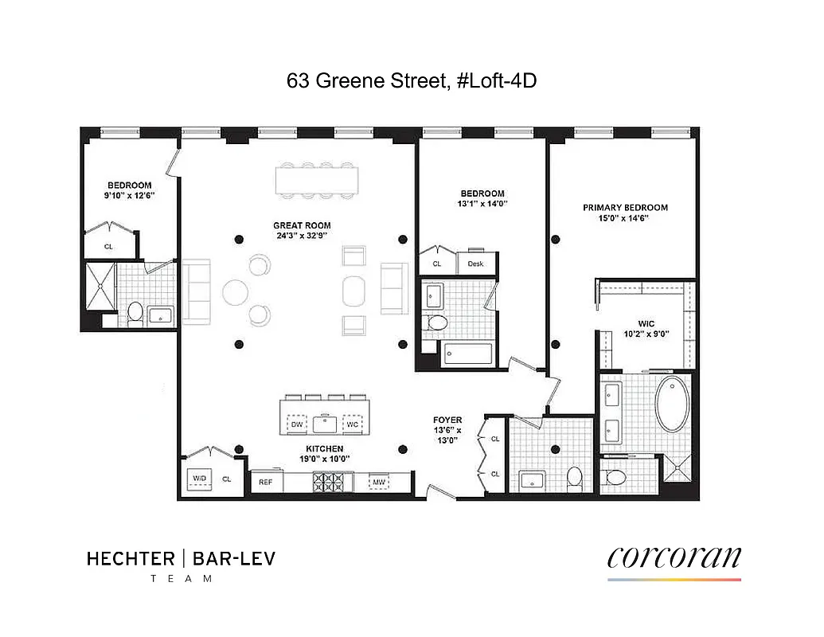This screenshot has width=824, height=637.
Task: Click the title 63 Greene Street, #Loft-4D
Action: click(x=406, y=80)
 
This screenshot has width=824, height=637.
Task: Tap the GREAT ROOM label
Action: click(x=302, y=225)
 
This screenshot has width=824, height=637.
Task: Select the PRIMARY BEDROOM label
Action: click(x=625, y=207)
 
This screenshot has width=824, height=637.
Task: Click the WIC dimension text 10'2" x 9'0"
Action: click(x=647, y=334)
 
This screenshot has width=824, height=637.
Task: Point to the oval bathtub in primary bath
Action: click(x=673, y=404)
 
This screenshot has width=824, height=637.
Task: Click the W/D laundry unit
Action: click(x=198, y=479)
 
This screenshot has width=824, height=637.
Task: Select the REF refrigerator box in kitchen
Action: click(x=266, y=481)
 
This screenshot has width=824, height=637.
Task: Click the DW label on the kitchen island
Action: click(x=297, y=424)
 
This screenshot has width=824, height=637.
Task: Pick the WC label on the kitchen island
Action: click(x=353, y=424)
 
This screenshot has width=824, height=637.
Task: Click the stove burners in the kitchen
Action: click(x=332, y=481)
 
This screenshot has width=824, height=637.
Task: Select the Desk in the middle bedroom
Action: click(x=476, y=264)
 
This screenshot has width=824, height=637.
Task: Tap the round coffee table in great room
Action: click(x=236, y=291)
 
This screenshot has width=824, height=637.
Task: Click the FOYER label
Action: click(x=447, y=420)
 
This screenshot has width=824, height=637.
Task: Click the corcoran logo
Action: click(x=674, y=557)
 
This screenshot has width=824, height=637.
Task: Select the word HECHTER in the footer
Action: click(x=128, y=559)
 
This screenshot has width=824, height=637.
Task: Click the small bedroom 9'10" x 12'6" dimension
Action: click(x=130, y=195)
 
